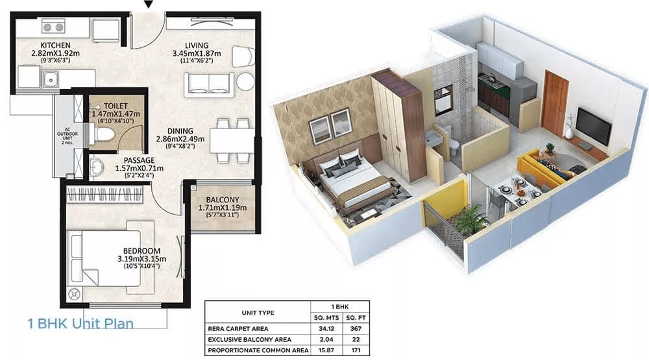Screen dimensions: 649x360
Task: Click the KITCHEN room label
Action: (55, 45)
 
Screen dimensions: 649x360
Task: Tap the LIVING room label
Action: (197, 45)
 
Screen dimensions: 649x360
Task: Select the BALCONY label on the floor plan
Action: (223, 200)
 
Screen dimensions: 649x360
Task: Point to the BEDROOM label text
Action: (141, 251)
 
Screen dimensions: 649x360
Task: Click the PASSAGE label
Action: (139, 160)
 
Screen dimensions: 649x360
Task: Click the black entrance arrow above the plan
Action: (149, 5)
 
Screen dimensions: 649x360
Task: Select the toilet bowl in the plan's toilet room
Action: (104, 134)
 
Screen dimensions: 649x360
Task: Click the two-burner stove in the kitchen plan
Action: (53, 27)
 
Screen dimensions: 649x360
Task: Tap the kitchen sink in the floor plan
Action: (51, 78)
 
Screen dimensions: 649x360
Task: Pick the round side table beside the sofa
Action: (245, 82)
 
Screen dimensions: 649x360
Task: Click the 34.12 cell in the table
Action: (326, 329)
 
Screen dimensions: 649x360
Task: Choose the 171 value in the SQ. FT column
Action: (356, 350)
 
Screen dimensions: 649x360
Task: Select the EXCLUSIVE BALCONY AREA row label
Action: (250, 339)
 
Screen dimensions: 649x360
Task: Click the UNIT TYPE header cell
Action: (258, 313)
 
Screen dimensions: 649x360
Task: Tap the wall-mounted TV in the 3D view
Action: (594, 126)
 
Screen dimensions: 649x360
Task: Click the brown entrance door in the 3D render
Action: (555, 104)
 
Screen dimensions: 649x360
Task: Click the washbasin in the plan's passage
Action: (96, 167)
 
